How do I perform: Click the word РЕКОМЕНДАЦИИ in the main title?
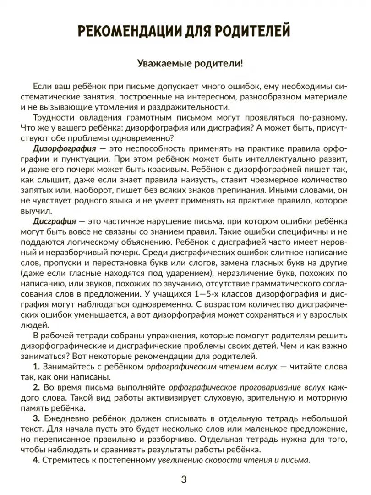pos(133,32)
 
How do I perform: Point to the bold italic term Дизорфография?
pos(64,149)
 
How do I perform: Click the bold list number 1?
pos(37,367)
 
